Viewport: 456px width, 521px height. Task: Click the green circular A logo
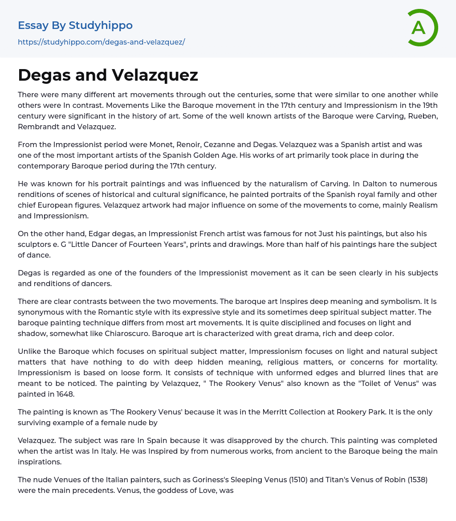(422, 28)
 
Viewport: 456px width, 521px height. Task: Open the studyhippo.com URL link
(101, 42)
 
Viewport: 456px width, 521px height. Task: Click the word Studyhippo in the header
(101, 25)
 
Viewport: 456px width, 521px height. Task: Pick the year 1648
(65, 394)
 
